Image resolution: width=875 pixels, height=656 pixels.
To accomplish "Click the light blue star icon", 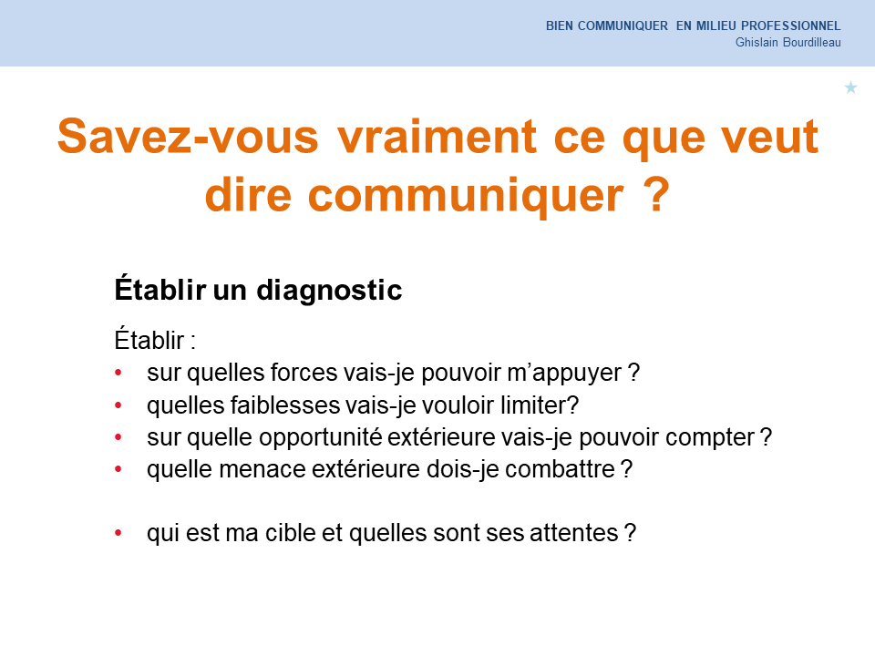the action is coord(850,87).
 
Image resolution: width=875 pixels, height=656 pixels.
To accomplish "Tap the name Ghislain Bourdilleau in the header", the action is coord(787,43).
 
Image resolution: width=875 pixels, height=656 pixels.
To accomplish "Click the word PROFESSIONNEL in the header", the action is coord(791,26).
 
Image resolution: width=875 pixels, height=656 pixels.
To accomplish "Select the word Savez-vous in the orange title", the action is coord(188,136).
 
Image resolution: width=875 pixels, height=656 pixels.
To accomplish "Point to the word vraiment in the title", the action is coord(437,136).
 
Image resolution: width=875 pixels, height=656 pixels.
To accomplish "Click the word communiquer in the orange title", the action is coord(466,195).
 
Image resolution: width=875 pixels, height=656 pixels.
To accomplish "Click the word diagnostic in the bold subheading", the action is coord(329,290).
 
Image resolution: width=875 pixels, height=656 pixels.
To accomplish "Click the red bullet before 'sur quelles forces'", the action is coord(118,373).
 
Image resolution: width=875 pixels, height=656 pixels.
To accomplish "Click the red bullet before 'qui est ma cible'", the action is coord(118,533).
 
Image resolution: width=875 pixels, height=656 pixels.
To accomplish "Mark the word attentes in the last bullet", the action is coord(573,533).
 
